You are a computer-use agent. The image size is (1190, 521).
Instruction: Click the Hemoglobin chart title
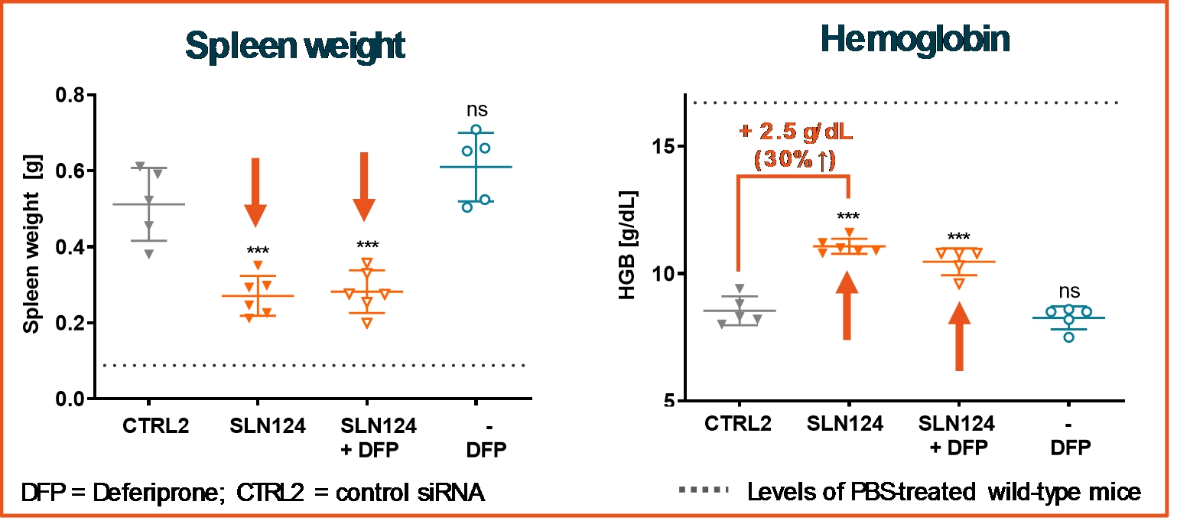click(x=915, y=40)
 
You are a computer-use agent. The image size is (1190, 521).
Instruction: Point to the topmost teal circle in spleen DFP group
click(x=476, y=130)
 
